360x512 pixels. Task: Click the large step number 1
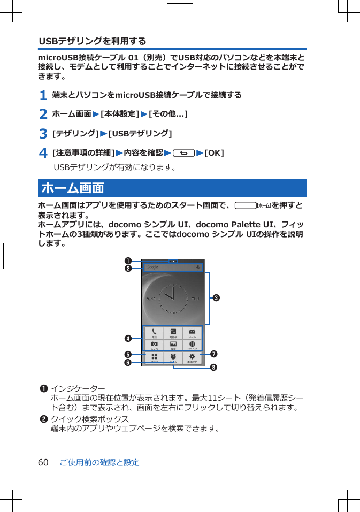[x=42, y=96]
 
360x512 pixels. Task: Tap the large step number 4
[x=43, y=154]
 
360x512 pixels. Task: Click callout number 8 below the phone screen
[x=213, y=368]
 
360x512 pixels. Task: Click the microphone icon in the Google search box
[x=198, y=267]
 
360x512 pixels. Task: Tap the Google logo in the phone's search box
[x=152, y=267]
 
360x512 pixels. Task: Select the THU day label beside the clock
[x=196, y=299]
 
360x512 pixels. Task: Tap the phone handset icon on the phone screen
[x=154, y=332]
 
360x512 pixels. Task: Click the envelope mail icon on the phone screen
[x=192, y=332]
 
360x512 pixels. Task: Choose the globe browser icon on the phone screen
[x=192, y=344]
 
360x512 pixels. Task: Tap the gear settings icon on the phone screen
[x=192, y=357]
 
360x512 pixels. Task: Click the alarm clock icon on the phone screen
[x=173, y=357]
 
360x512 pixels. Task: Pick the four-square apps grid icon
[x=154, y=357]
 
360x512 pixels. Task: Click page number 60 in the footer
[x=43, y=462]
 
